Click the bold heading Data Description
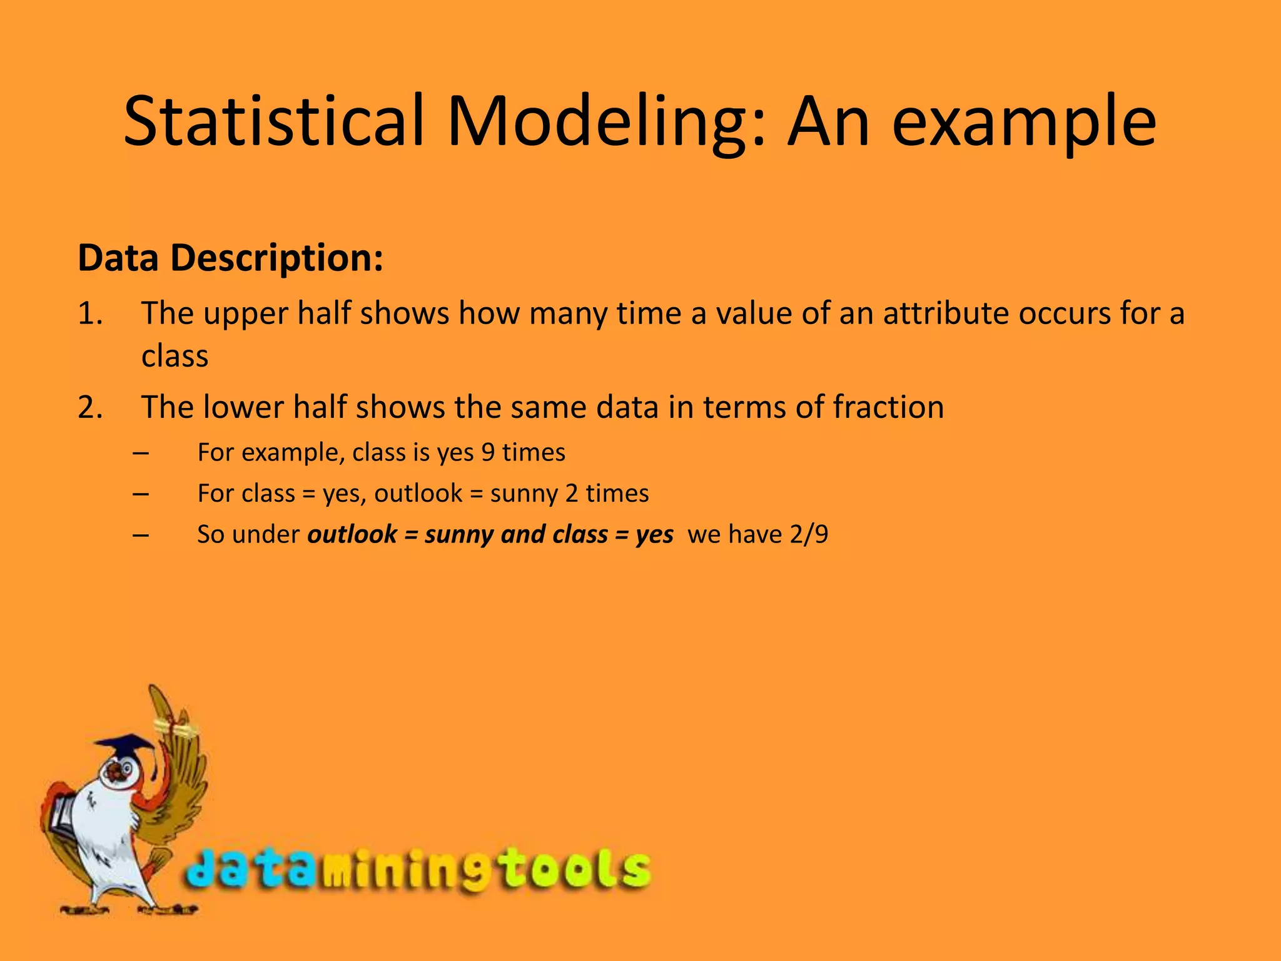pos(230,258)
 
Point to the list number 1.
pos(90,313)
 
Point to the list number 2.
pos(90,407)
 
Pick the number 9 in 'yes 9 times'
pos(488,452)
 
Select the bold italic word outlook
pos(352,534)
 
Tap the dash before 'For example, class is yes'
pos(141,452)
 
